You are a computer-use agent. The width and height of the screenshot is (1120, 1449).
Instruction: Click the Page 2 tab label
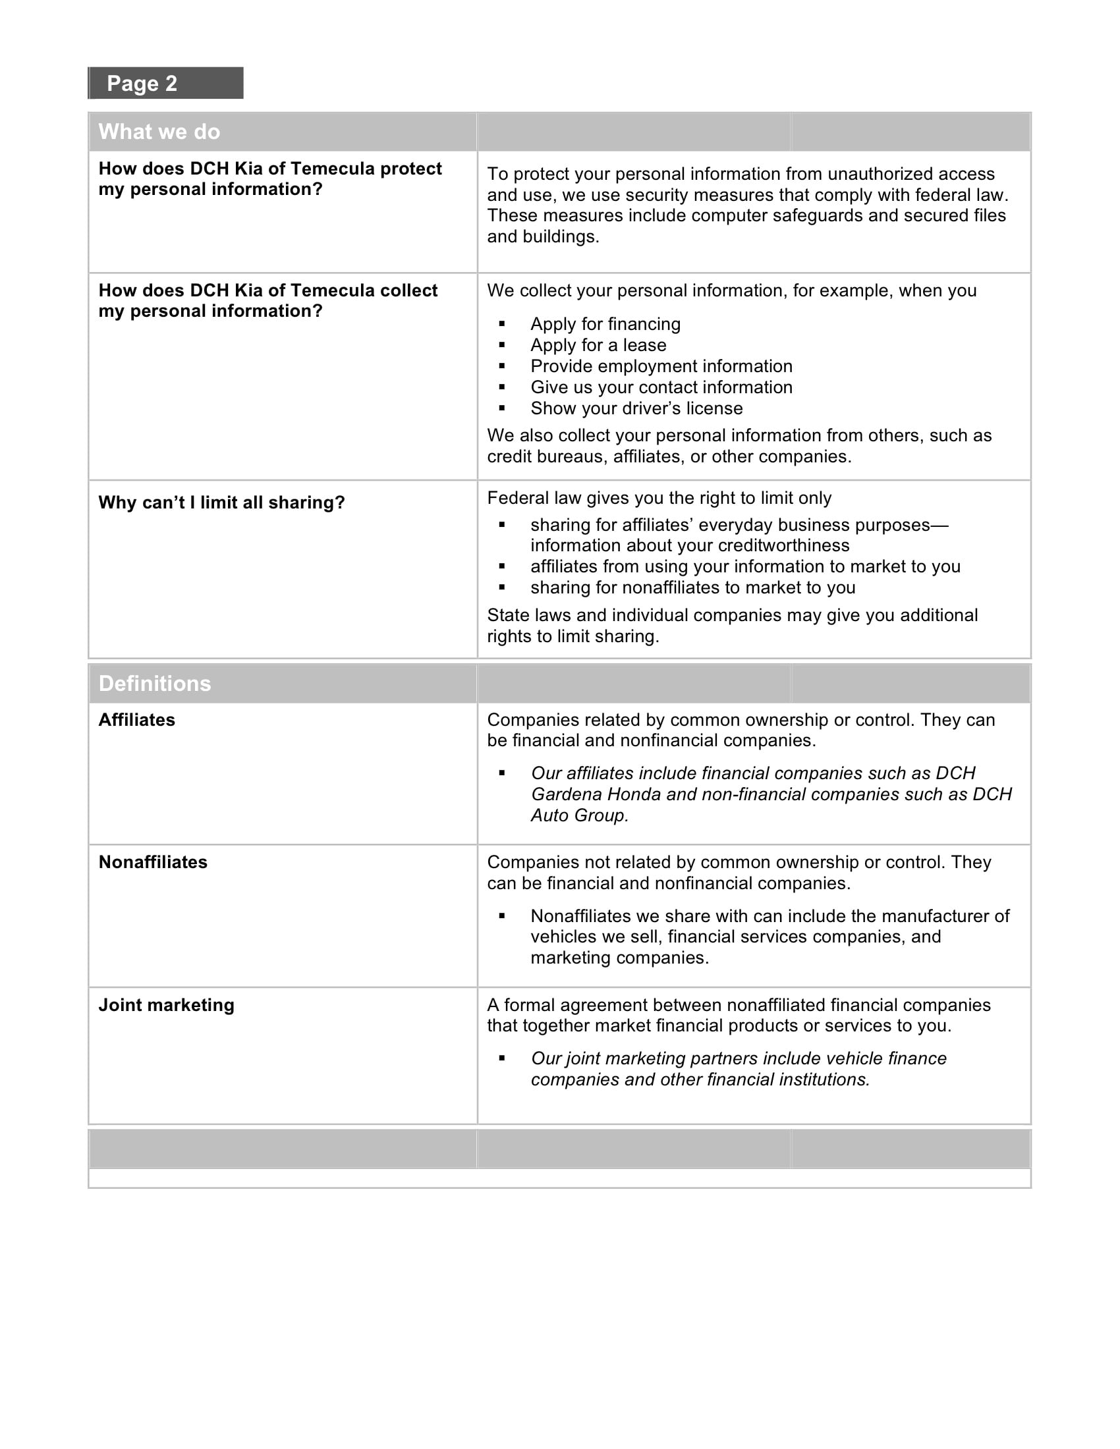pyautogui.click(x=142, y=84)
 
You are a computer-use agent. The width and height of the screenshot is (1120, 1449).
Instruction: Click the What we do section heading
pyautogui.click(x=159, y=131)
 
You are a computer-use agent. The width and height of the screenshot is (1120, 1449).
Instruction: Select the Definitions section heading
pyautogui.click(x=155, y=684)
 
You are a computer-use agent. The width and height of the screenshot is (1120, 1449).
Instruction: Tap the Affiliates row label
pyautogui.click(x=136, y=720)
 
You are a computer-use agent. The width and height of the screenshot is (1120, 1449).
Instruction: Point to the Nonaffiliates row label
pyautogui.click(x=154, y=862)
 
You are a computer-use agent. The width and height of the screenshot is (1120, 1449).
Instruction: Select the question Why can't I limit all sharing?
pyautogui.click(x=221, y=503)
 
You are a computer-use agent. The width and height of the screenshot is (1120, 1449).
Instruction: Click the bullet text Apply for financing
pyautogui.click(x=605, y=324)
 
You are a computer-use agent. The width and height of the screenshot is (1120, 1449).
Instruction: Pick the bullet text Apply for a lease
pyautogui.click(x=598, y=345)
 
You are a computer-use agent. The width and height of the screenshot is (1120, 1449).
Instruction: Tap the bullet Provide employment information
pyautogui.click(x=661, y=366)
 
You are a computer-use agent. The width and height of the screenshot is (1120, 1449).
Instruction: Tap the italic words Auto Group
pyautogui.click(x=579, y=815)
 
